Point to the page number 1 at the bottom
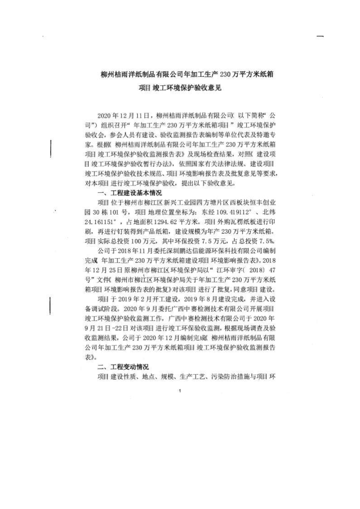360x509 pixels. point(180,391)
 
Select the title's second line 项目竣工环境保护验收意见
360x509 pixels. point(180,88)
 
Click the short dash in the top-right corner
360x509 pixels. point(320,36)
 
